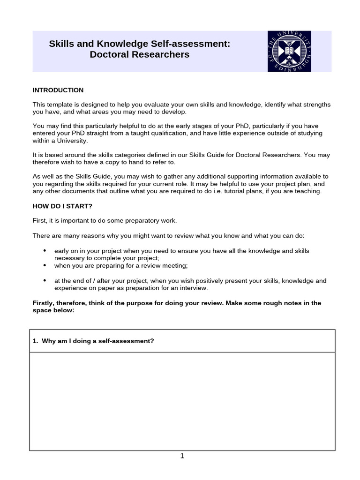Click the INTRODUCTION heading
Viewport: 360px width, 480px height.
click(58, 90)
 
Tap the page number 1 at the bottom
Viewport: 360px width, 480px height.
click(182, 456)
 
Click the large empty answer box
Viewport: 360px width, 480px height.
click(182, 401)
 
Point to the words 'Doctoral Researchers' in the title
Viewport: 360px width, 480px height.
click(140, 54)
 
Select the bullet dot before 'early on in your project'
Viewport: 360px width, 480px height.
click(45, 251)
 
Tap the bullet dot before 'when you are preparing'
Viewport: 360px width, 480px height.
click(45, 265)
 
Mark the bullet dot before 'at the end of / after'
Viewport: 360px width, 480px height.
click(45, 280)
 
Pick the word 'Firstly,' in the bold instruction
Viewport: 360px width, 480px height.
click(45, 303)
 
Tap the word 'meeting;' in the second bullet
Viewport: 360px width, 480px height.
click(175, 266)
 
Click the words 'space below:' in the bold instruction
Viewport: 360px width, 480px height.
click(53, 311)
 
